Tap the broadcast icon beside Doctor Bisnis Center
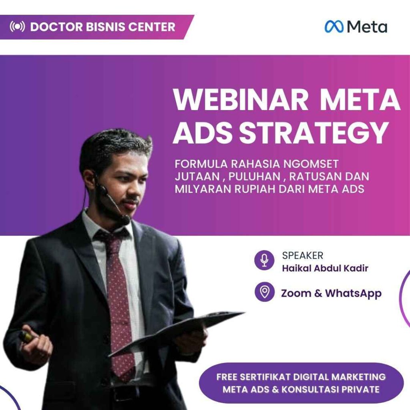17,27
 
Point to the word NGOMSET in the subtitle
311,164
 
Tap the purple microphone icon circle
264,260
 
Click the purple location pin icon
264,291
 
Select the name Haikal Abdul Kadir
325,268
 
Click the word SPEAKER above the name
303,255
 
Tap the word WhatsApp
353,293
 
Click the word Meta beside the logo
367,27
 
